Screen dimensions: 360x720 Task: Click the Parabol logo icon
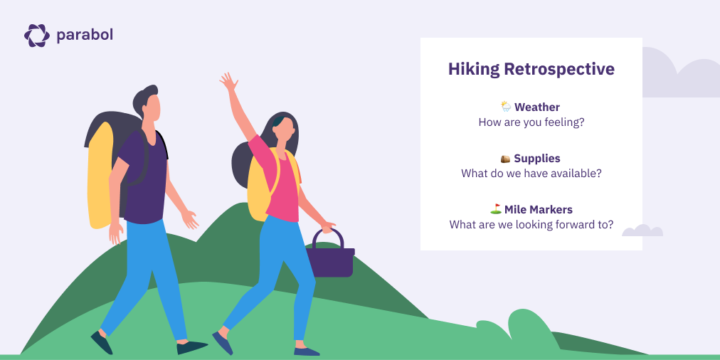36,35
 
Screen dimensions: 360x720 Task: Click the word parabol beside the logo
85,35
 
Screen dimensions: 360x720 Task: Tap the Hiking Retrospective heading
531,69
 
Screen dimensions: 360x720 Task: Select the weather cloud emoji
505,107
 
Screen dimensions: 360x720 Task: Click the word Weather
537,107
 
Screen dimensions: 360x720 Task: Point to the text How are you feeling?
531,122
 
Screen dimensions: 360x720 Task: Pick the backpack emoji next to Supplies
505,158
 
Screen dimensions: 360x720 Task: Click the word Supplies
537,158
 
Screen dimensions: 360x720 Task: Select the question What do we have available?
531,174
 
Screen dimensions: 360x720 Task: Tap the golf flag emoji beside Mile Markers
495,209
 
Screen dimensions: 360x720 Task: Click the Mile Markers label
539,209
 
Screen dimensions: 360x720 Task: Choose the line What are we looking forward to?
531,225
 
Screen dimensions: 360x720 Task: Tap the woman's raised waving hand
228,81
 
